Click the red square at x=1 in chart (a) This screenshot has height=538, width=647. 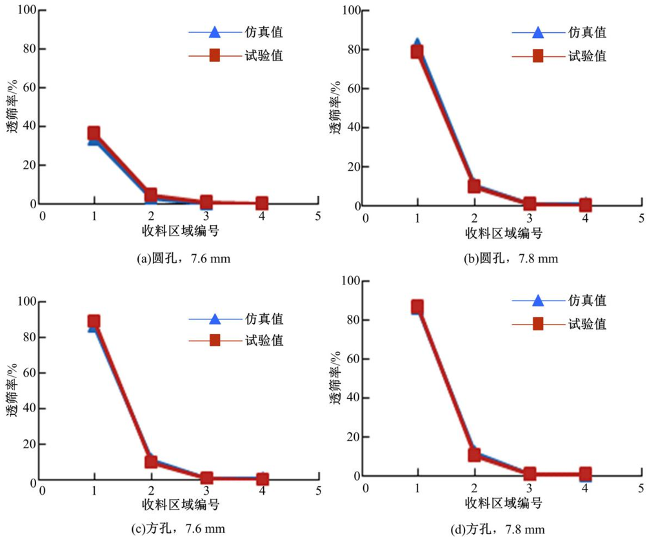(x=94, y=134)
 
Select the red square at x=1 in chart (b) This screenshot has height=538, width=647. (x=417, y=52)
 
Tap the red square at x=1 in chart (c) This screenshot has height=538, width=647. (x=94, y=321)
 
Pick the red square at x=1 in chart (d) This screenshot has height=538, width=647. (x=417, y=306)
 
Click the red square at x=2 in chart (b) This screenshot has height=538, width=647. (x=474, y=186)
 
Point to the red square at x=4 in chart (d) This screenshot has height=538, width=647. (x=585, y=473)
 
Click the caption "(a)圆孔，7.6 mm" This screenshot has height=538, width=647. (x=184, y=259)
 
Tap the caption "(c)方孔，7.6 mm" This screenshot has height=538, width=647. (x=179, y=530)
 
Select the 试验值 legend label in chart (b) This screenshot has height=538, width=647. (x=587, y=55)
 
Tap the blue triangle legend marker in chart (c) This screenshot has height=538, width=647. (x=215, y=318)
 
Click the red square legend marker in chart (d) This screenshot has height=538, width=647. (x=538, y=324)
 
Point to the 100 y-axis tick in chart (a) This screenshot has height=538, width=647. (x=27, y=10)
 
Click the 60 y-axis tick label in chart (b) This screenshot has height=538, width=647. (x=352, y=88)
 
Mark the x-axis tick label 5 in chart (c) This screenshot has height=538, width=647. (x=318, y=490)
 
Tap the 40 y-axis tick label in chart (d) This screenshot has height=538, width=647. (x=352, y=398)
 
